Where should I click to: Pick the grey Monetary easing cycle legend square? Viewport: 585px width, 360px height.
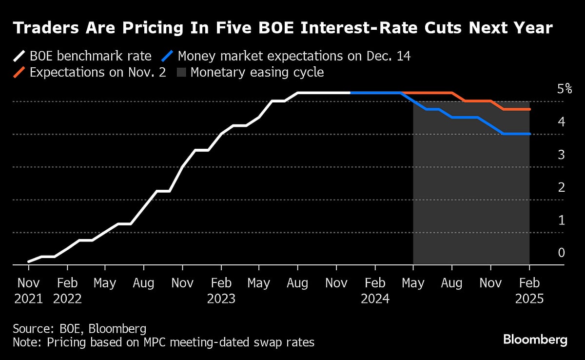pyautogui.click(x=180, y=73)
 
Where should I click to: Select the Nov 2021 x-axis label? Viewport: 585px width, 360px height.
pyautogui.click(x=29, y=291)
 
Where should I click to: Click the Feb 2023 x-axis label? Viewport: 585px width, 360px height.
pyautogui.click(x=221, y=291)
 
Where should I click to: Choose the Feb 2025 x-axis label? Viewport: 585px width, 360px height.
pyautogui.click(x=529, y=291)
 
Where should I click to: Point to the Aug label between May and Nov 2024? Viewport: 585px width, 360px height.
pyautogui.click(x=452, y=283)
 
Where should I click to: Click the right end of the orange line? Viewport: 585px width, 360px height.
pyautogui.click(x=529, y=109)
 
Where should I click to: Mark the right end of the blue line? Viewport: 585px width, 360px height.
pyautogui.click(x=529, y=134)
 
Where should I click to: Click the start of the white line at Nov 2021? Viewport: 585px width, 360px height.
pyautogui.click(x=29, y=261)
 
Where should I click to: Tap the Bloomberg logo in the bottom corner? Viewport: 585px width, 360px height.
pyautogui.click(x=535, y=340)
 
